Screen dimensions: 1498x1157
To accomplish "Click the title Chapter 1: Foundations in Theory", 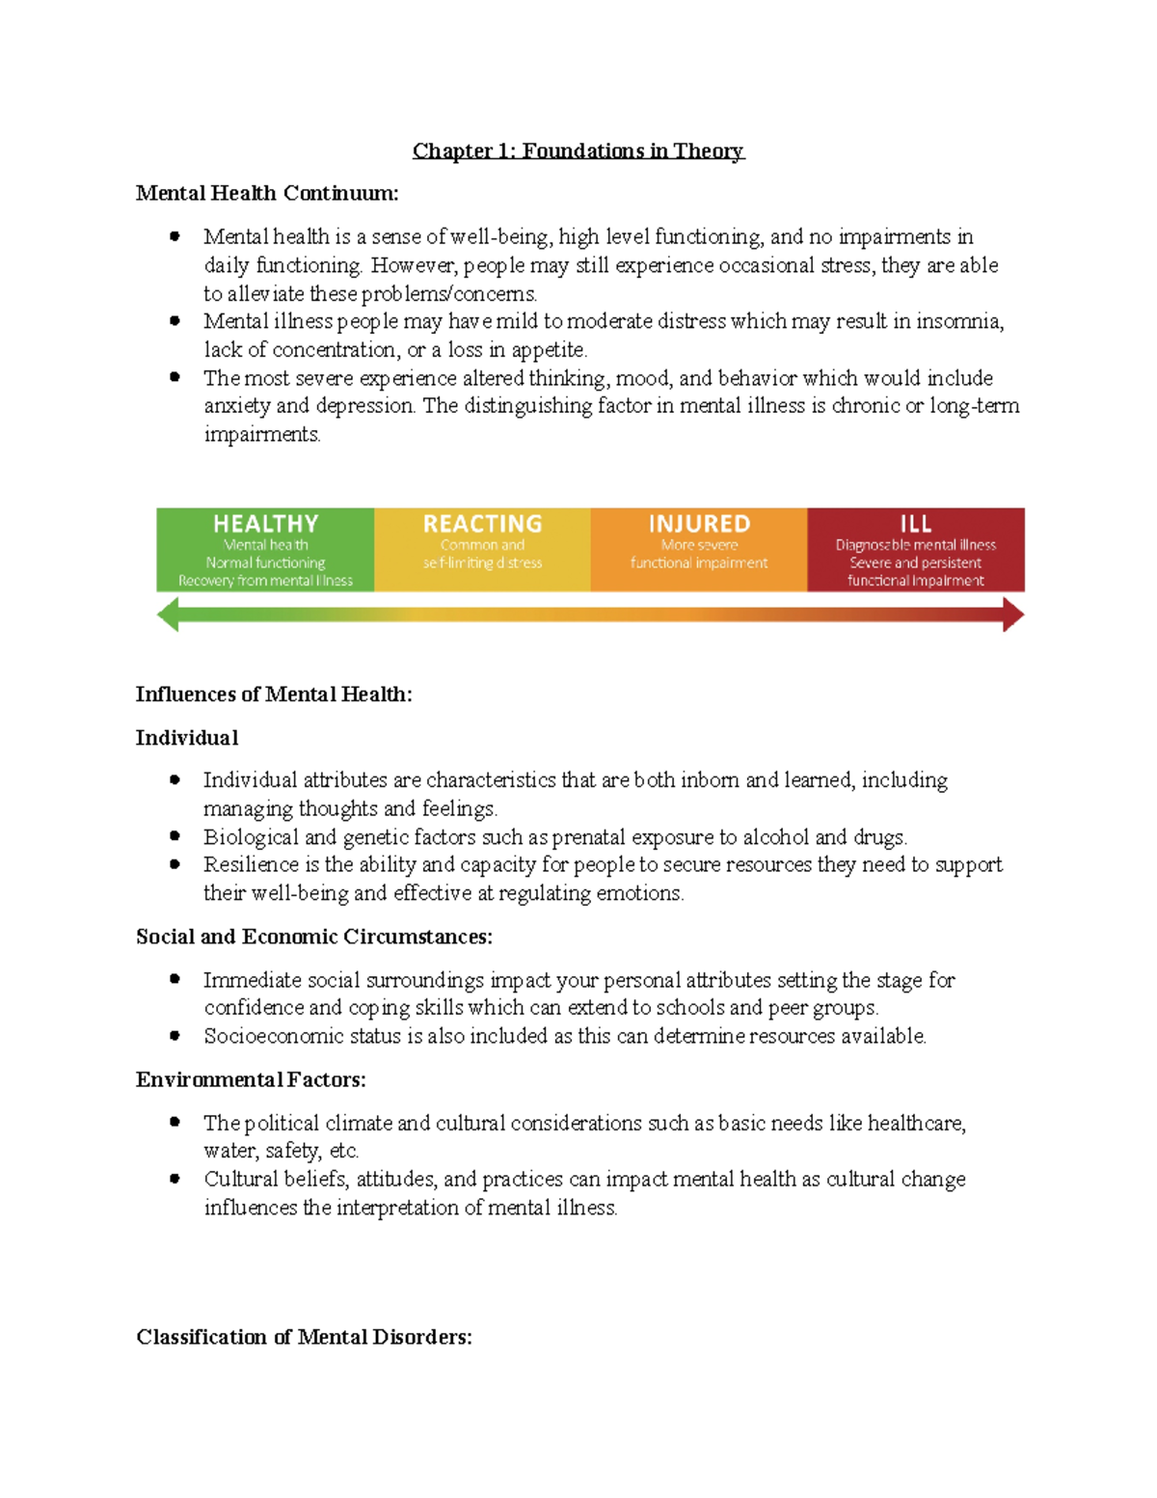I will (x=578, y=150).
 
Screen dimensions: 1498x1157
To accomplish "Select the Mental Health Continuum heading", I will (x=267, y=193).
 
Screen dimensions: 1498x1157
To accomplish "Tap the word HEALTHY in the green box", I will (x=265, y=524).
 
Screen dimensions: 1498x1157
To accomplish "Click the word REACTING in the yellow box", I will (x=482, y=524).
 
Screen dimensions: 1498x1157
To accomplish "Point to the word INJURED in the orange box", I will (x=699, y=524).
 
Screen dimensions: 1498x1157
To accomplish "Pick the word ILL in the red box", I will (x=915, y=524).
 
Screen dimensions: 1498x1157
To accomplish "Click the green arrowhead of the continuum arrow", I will (x=169, y=614).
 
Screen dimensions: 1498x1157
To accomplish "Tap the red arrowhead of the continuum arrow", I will (x=1012, y=614).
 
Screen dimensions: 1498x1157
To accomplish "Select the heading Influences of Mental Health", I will (x=274, y=695).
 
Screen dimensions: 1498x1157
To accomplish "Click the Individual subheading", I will (x=187, y=738).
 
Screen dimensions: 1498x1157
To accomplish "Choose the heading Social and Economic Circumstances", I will (x=314, y=937).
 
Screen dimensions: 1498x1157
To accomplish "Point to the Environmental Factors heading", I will (x=251, y=1079).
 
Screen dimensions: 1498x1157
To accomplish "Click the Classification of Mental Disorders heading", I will (x=304, y=1337).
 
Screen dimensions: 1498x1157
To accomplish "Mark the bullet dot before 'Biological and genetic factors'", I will (x=175, y=836).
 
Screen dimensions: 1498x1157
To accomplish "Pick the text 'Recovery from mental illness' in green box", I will (x=265, y=581).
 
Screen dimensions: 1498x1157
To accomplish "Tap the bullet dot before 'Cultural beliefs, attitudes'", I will (x=175, y=1179).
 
